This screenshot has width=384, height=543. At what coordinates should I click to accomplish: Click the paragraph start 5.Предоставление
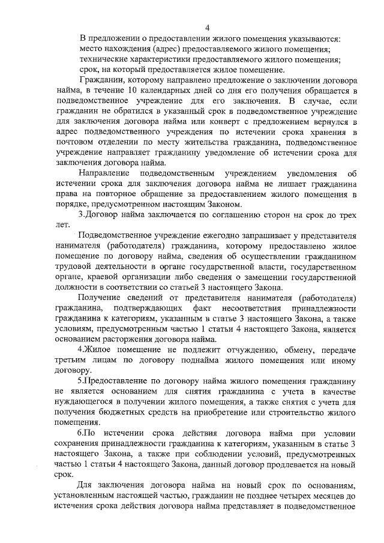pos(118,381)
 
